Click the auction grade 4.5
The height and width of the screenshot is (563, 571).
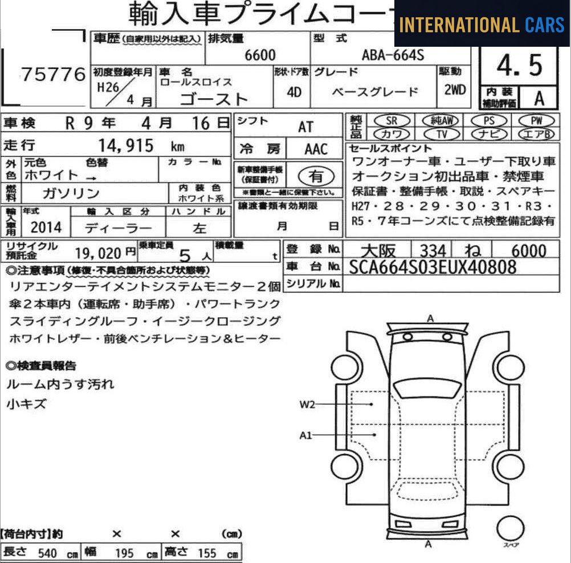pos(520,66)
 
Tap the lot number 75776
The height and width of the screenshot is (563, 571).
pos(54,75)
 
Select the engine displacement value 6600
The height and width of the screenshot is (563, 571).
pos(260,55)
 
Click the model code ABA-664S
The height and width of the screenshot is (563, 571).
pos(393,55)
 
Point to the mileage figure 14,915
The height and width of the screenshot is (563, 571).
pos(126,146)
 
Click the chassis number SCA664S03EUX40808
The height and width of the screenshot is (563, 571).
pos(433,267)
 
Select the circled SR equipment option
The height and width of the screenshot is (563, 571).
pos(392,120)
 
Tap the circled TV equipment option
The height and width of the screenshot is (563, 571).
pos(442,134)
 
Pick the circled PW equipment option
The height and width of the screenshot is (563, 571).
pos(536,120)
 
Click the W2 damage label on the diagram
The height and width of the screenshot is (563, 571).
pos(307,404)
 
